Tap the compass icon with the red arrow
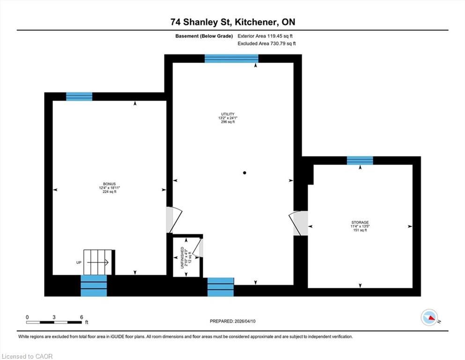[x=429, y=317]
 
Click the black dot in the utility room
[x=244, y=172]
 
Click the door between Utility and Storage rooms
[x=298, y=223]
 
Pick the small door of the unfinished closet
[x=198, y=248]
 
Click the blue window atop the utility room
[x=231, y=59]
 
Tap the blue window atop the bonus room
[x=79, y=97]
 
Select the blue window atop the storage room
[x=360, y=160]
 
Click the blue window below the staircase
[x=94, y=285]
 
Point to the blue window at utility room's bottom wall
[x=221, y=287]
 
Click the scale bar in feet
[x=54, y=322]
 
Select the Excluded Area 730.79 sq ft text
[x=266, y=44]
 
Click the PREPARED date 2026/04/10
[x=232, y=321]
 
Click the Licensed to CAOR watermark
[x=27, y=356]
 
